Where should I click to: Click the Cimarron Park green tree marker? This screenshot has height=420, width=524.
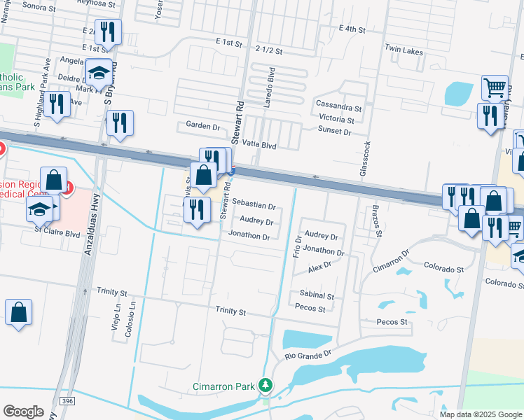[265, 384]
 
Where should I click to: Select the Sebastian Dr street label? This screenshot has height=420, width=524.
[253, 206]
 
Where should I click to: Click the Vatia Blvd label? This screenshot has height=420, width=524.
[259, 146]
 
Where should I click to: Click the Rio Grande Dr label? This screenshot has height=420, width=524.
[308, 356]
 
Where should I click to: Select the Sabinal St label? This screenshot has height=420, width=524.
[317, 296]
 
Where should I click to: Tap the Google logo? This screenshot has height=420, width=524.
[23, 412]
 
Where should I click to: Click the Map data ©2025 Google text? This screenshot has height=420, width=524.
[481, 414]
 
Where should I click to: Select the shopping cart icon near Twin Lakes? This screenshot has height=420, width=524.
[495, 88]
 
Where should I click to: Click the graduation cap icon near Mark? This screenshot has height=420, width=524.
[99, 71]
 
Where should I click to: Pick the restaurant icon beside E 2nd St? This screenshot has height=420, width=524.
[108, 31]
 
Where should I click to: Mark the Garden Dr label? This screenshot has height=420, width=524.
[203, 125]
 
